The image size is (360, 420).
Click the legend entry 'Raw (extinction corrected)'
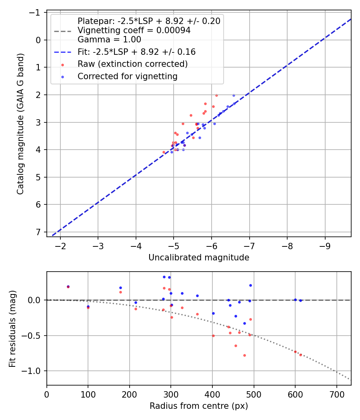pyautogui.click(x=132, y=64)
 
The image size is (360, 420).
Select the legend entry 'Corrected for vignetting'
pyautogui.click(x=127, y=76)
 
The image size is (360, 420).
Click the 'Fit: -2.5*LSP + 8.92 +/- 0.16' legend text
pyautogui.click(x=136, y=52)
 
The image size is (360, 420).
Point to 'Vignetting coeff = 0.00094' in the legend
pyautogui.click(x=134, y=30)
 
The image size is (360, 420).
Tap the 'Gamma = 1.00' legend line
pyautogui.click(x=109, y=40)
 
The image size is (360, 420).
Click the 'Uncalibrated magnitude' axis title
pyautogui.click(x=199, y=258)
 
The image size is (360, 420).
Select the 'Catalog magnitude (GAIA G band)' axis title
pyautogui.click(x=20, y=124)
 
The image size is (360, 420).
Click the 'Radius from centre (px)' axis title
pyautogui.click(x=199, y=406)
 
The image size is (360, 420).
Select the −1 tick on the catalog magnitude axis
pyautogui.click(x=36, y=12)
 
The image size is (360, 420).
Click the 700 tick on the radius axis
pyautogui.click(x=336, y=394)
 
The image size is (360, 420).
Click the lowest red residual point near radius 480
pyautogui.click(x=244, y=355)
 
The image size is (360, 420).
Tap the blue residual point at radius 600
pyautogui.click(x=295, y=300)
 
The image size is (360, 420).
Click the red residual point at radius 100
pyautogui.click(x=88, y=308)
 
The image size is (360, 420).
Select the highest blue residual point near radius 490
pyautogui.click(x=250, y=285)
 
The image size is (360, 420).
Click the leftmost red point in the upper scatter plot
pyautogui.click(x=164, y=152)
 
